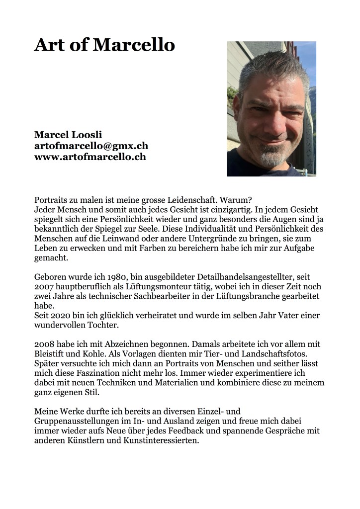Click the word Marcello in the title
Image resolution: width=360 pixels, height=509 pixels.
point(134,45)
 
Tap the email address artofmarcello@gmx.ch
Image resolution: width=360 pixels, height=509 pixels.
point(91,146)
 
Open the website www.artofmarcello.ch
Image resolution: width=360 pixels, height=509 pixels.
point(90,157)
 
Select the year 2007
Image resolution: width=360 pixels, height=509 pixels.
point(45,287)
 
